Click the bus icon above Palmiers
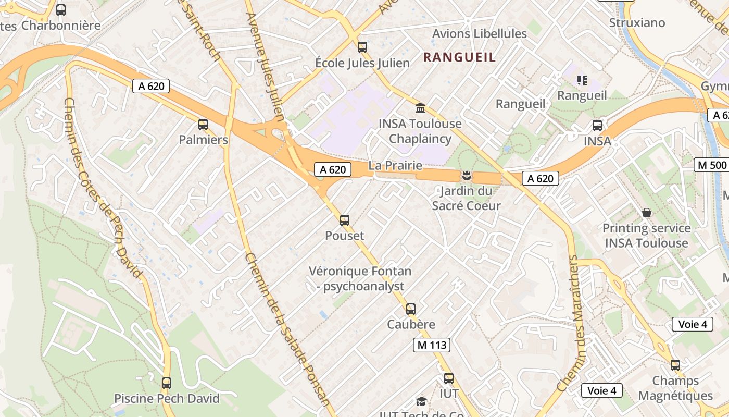click(203, 125)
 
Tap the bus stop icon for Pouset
click(345, 220)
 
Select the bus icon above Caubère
click(411, 309)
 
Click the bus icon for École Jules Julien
click(362, 47)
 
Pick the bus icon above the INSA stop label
click(597, 126)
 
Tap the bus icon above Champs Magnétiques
click(675, 365)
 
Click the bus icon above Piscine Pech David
click(167, 383)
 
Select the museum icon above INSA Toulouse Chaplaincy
click(420, 108)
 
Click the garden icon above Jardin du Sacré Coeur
click(466, 176)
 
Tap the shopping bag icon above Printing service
click(646, 213)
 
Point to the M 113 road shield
click(431, 345)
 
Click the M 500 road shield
click(711, 165)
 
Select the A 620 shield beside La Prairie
click(333, 169)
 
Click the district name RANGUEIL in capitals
click(459, 57)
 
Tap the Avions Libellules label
click(480, 34)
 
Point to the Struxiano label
click(637, 23)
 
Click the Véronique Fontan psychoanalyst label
click(360, 279)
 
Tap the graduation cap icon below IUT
click(421, 401)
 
